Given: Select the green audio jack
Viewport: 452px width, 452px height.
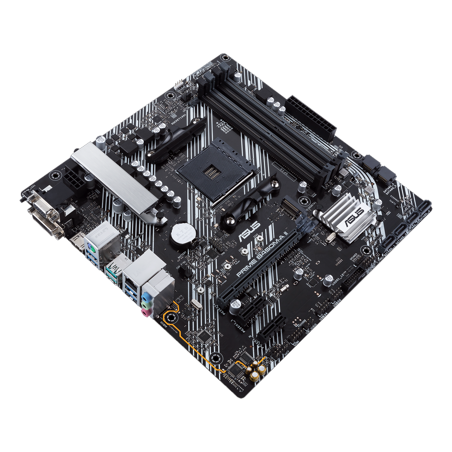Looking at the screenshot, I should pyautogui.click(x=145, y=306).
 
